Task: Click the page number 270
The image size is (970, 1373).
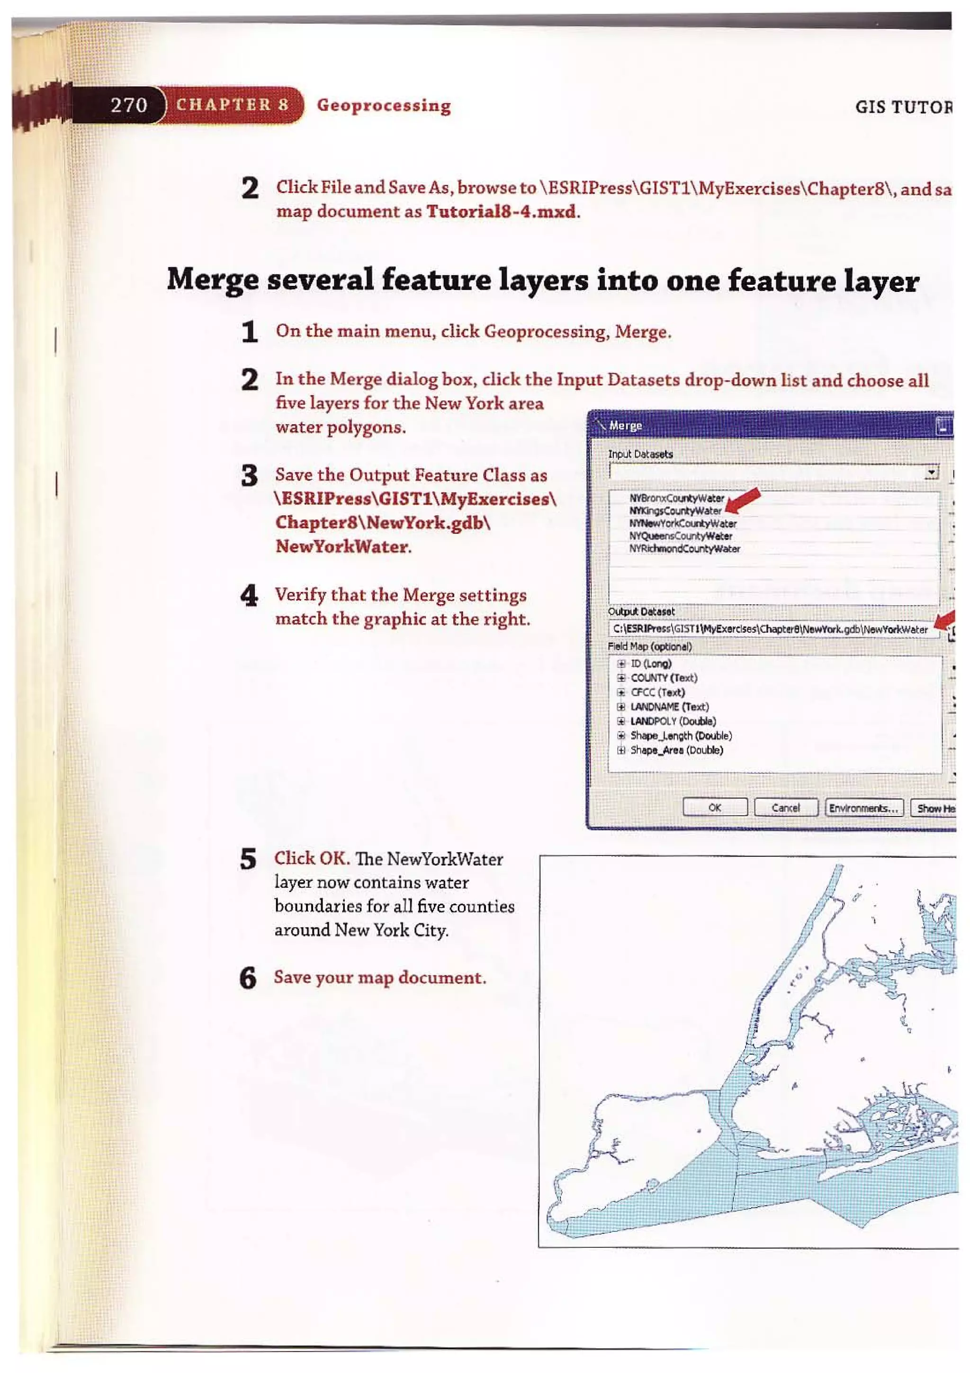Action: pos(128,105)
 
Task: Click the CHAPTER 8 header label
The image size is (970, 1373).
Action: pos(233,105)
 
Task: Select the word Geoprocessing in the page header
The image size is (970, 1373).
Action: pos(384,105)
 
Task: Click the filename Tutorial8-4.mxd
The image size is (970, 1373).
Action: pos(502,212)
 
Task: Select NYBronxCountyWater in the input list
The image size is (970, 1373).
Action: pos(676,498)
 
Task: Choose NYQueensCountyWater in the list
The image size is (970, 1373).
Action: pos(680,536)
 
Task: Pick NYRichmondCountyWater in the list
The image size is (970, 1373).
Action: pos(684,548)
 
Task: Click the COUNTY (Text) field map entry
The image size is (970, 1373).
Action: pos(664,678)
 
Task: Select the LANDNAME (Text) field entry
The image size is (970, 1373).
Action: pos(669,706)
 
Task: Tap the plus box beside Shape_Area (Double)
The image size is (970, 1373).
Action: pos(621,750)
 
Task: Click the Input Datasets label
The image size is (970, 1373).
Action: pos(640,454)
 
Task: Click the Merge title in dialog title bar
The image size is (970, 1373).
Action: pos(625,425)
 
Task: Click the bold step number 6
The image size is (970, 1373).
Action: pos(248,978)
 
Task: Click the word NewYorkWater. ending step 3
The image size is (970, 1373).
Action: pos(343,546)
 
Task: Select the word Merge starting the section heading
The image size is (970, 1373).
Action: pos(212,281)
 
